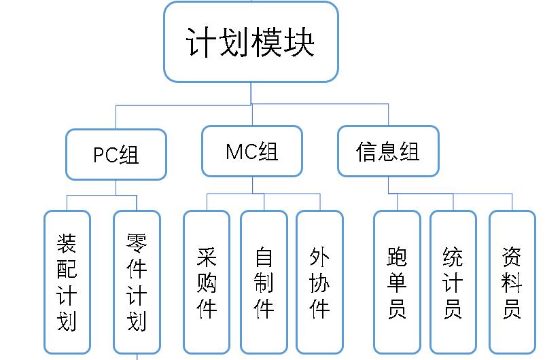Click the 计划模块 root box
(x=251, y=41)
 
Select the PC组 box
(x=116, y=154)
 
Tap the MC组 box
(x=252, y=151)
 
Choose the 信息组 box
(x=388, y=151)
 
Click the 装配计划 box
(x=67, y=282)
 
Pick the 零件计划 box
(x=137, y=282)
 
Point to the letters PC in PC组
(x=105, y=155)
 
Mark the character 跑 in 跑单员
(x=397, y=257)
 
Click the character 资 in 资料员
(x=512, y=257)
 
